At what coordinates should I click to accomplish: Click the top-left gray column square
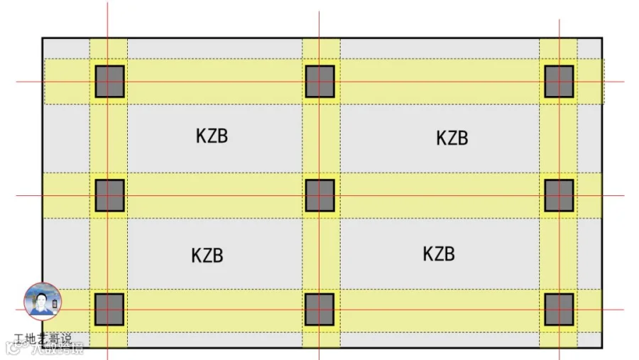point(109,82)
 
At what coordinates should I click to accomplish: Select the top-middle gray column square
point(320,82)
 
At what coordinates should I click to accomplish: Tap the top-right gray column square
point(559,82)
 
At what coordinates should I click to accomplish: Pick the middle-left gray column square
point(109,195)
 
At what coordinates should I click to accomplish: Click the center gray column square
point(320,195)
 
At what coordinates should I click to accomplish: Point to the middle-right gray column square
point(559,195)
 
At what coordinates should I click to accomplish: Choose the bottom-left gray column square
point(109,310)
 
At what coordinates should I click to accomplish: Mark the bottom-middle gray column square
point(319,310)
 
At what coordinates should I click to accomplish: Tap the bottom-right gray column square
point(559,310)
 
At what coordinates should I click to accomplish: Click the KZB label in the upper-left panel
point(212,136)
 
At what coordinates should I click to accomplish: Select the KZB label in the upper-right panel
point(452,138)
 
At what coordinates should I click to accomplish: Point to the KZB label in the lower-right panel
point(439,253)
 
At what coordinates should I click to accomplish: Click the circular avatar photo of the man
point(43,301)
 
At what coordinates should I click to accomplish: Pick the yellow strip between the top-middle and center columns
point(321,138)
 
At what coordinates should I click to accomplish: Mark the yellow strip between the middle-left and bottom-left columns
point(109,253)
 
